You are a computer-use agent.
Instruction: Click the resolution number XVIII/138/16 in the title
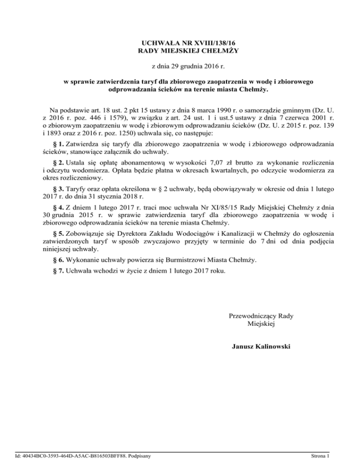click(x=196, y=42)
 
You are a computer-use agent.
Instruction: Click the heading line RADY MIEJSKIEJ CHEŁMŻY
click(x=180, y=50)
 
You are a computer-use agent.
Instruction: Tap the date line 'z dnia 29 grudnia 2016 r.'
click(x=180, y=66)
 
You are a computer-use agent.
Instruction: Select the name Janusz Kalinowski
click(x=261, y=347)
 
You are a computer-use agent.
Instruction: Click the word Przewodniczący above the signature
click(x=249, y=316)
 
